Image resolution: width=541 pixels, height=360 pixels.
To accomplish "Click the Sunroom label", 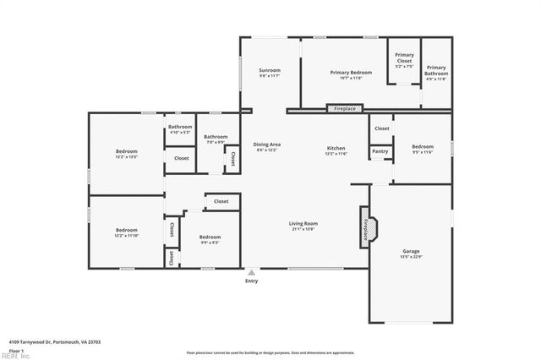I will (x=269, y=70).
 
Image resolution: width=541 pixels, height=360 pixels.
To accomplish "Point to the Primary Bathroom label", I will (x=436, y=70).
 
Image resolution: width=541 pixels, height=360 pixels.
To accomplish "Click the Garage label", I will (x=411, y=251).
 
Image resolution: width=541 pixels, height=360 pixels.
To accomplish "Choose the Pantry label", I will (x=380, y=152).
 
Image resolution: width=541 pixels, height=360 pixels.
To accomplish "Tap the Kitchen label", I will (x=336, y=148).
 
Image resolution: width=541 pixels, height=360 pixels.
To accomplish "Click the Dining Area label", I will (x=266, y=145).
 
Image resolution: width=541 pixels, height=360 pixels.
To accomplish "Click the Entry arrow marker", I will (x=251, y=272).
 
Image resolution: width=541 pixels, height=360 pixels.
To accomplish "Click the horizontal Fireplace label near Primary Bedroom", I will (x=344, y=109).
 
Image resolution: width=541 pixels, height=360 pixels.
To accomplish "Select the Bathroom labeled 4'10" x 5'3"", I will (x=180, y=127).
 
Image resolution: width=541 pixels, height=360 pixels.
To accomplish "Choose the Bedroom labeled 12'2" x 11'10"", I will (x=127, y=230).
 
